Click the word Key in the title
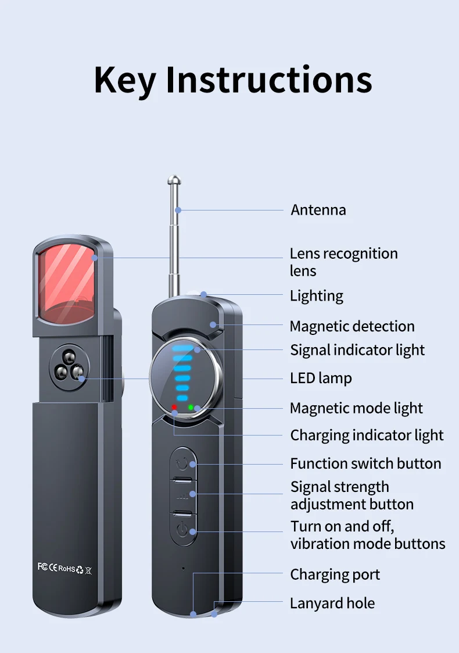click(124, 80)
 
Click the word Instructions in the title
click(268, 80)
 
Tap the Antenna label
click(318, 209)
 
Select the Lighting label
click(317, 295)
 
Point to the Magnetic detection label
click(352, 326)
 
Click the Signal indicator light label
click(357, 350)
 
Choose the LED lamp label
click(321, 378)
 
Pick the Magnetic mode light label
click(356, 408)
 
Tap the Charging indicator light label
click(367, 435)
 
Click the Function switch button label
click(365, 463)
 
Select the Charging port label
click(335, 575)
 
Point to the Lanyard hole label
click(332, 603)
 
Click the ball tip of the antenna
click(174, 181)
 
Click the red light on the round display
click(174, 407)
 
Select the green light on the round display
click(191, 407)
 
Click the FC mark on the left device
click(42, 566)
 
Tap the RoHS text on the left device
click(67, 568)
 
